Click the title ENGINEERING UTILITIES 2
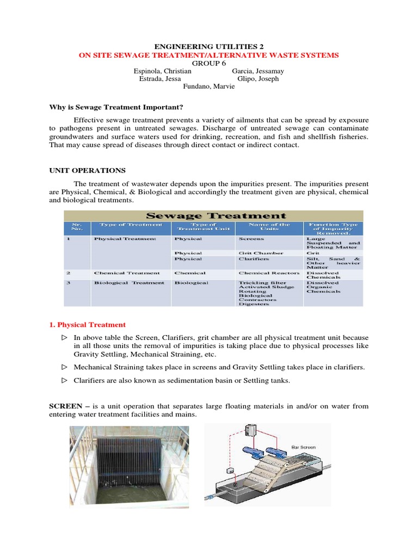208,47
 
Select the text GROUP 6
208,63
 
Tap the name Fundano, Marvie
208,86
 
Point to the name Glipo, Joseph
255,79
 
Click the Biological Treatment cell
129,283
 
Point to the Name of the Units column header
269,226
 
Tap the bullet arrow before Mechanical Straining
63,367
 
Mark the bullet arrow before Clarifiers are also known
63,381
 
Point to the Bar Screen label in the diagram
303,447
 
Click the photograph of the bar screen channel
130,466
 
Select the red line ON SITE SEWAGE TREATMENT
208,55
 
